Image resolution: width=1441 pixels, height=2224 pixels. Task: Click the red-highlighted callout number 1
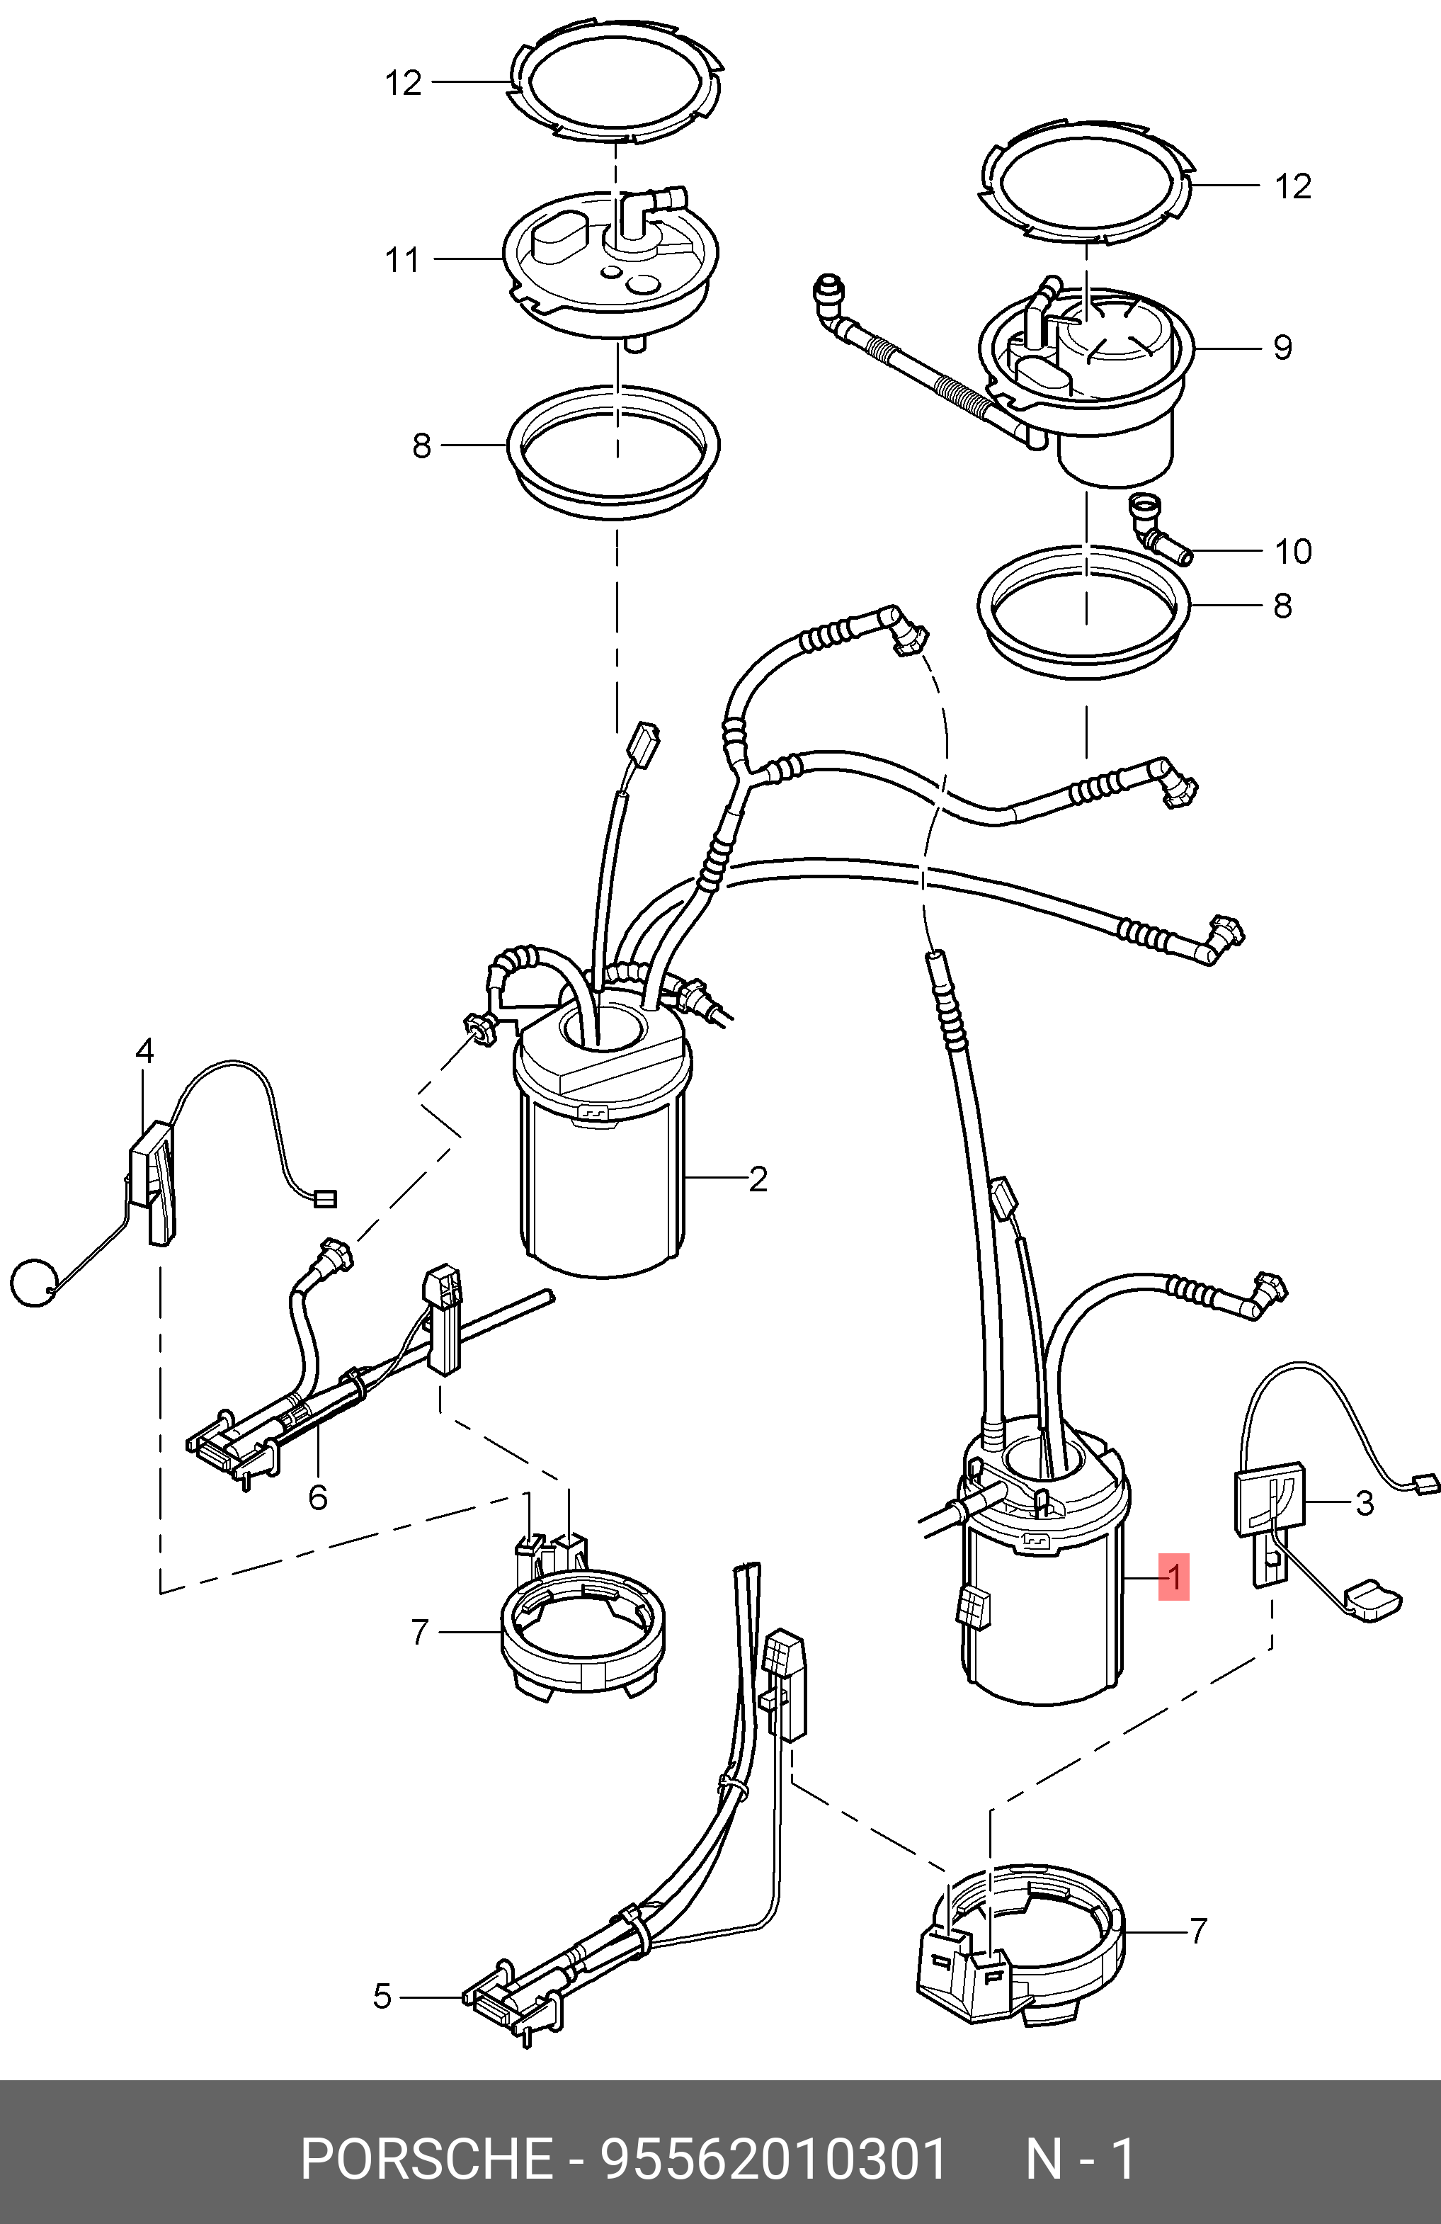coord(1174,1578)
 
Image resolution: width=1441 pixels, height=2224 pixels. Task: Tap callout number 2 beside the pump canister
coord(758,1179)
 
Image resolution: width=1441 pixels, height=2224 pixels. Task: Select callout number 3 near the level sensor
coord(1365,1504)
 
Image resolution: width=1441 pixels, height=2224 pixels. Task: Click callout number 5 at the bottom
coord(382,1997)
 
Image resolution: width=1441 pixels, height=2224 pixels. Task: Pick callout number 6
coord(318,1499)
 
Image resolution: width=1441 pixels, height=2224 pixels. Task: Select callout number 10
coord(1293,551)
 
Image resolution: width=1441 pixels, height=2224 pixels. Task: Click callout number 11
coord(403,260)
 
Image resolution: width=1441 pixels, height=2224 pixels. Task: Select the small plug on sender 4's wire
coord(324,1199)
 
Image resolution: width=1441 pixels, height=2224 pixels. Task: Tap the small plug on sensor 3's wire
coord(1424,1483)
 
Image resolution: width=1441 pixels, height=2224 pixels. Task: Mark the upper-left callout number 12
coord(403,83)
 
